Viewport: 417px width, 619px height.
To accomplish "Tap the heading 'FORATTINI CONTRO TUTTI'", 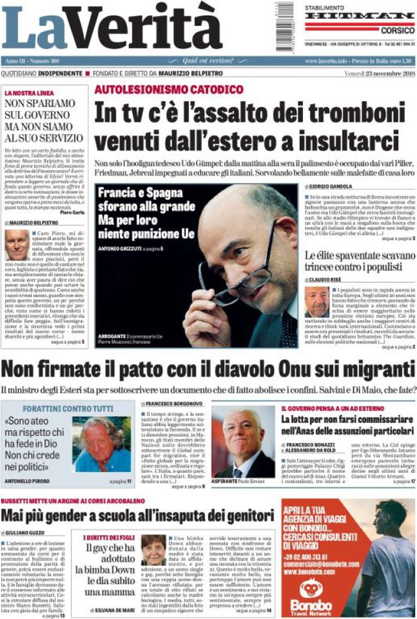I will coord(41,407).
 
